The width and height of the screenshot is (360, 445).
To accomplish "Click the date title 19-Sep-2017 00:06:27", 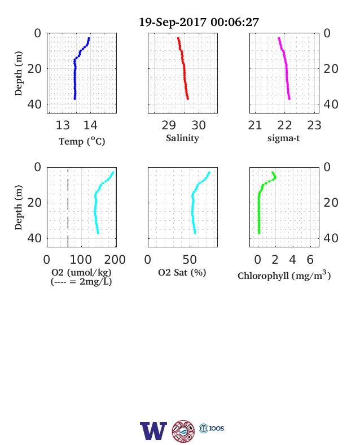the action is pyautogui.click(x=199, y=22).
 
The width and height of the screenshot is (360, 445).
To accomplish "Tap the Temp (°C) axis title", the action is pyautogui.click(x=82, y=141).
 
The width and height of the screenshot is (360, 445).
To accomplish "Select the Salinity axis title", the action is pyautogui.click(x=182, y=138).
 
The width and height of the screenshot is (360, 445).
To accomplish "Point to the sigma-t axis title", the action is pyautogui.click(x=283, y=138).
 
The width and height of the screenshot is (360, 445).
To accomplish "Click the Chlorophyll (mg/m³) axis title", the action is pyautogui.click(x=284, y=276).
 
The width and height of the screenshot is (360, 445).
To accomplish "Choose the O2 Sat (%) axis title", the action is pyautogui.click(x=182, y=272).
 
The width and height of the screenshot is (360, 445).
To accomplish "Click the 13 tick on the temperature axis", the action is pyautogui.click(x=63, y=125).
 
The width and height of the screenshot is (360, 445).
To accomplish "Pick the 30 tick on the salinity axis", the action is pyautogui.click(x=199, y=125).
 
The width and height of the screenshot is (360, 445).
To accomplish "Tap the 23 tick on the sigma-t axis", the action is pyautogui.click(x=314, y=125).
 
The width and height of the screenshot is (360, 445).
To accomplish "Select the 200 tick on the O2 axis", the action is pyautogui.click(x=115, y=259).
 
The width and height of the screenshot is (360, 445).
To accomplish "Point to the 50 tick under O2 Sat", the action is pyautogui.click(x=190, y=259).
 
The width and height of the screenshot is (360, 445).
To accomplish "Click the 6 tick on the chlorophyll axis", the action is pyautogui.click(x=310, y=259).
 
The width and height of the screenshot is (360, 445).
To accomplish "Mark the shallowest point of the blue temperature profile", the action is pyautogui.click(x=89, y=38).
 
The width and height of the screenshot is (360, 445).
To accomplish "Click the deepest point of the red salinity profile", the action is pyautogui.click(x=188, y=98).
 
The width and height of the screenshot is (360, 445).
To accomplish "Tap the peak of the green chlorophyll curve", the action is pyautogui.click(x=275, y=178).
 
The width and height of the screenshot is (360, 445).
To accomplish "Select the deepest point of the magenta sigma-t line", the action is pyautogui.click(x=289, y=98).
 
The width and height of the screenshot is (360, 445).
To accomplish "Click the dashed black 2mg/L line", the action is pyautogui.click(x=68, y=207).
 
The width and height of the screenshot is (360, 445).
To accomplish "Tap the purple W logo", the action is pyautogui.click(x=153, y=431).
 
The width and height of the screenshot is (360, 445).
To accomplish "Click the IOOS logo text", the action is pyautogui.click(x=217, y=428).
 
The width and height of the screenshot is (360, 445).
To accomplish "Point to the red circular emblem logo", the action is pyautogui.click(x=183, y=431).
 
